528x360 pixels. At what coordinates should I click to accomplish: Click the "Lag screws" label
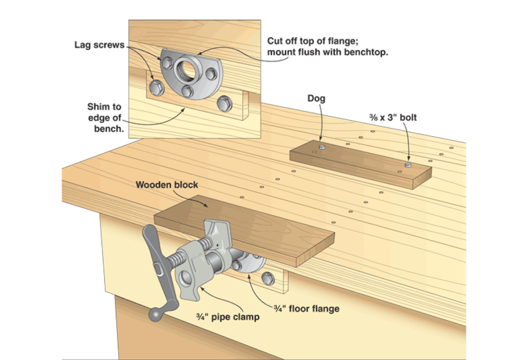[99, 45]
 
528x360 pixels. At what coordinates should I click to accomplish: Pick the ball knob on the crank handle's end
[155, 314]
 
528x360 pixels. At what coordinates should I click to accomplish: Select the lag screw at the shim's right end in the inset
[224, 104]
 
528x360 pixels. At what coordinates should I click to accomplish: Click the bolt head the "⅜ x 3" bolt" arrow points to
[408, 166]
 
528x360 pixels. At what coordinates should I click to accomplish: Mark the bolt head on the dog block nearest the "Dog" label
[321, 148]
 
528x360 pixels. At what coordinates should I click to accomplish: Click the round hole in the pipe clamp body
[186, 278]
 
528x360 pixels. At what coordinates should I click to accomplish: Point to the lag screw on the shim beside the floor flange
[267, 278]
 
